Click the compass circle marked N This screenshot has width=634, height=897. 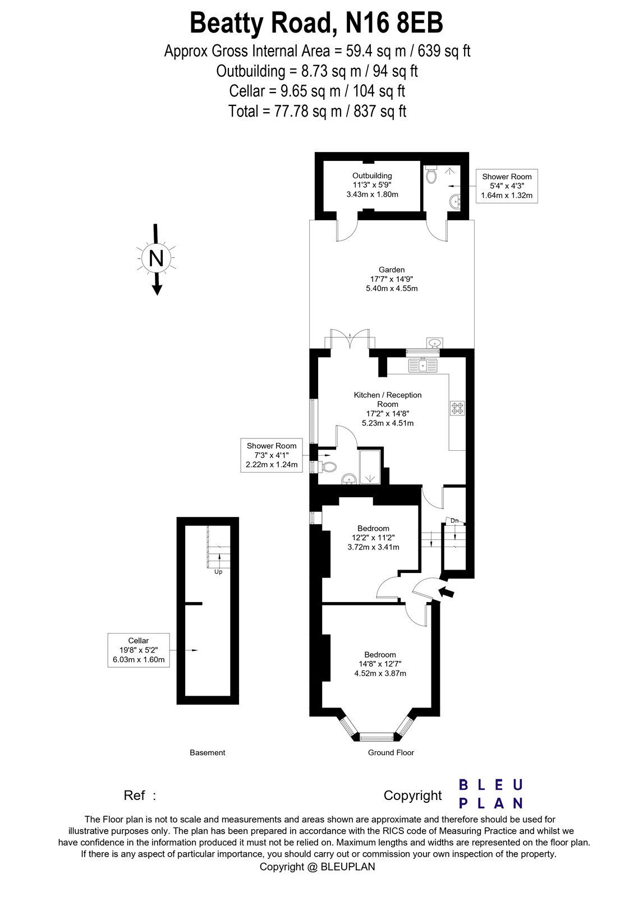pos(156,258)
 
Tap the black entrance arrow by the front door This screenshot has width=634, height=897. pos(447,591)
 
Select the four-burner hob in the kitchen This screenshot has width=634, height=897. pos(457,408)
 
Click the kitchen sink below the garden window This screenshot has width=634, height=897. pos(423,366)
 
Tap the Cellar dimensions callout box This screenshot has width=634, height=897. pos(139,650)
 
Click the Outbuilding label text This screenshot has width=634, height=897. pos(372,175)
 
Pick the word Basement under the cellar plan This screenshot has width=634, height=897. pos(207,752)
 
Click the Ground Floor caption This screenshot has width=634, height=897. pos(390,752)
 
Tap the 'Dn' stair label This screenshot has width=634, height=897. pos(454,521)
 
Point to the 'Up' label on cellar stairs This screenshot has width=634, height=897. pos(218,572)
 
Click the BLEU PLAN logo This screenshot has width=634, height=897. pos(491,794)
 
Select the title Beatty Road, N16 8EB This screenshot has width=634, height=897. pos(316,24)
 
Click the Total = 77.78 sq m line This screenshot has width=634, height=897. pos(317,111)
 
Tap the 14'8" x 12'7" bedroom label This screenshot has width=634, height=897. pos(380,664)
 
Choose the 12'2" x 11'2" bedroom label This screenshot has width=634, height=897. pos(373,537)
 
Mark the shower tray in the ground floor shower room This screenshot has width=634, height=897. pos(369,466)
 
